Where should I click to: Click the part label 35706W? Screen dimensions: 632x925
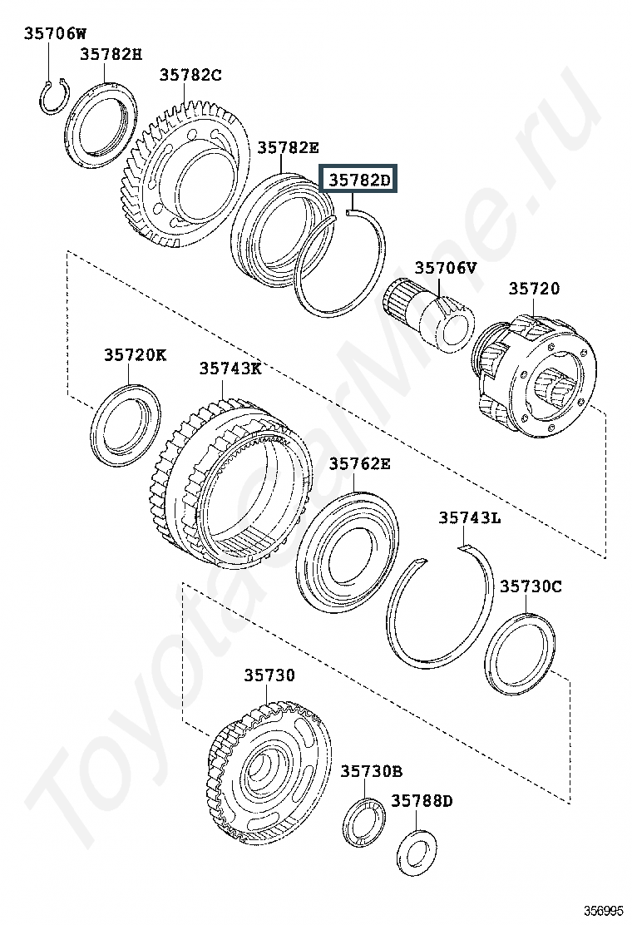tap(55, 33)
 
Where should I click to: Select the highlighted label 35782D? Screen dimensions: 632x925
tap(359, 179)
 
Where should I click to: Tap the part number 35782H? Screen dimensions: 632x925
tap(111, 55)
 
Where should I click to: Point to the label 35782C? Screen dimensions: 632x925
tap(190, 75)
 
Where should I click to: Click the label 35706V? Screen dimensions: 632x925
tap(446, 268)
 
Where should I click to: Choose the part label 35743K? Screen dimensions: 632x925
tap(230, 369)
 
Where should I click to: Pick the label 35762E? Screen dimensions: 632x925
tap(359, 463)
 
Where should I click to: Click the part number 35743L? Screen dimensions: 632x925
tap(469, 518)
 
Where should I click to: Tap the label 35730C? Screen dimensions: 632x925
tap(531, 586)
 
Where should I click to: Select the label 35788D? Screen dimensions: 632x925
tap(422, 801)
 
